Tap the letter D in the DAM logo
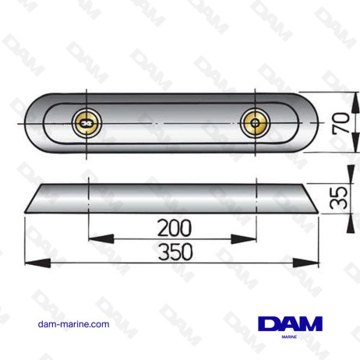[267, 322]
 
